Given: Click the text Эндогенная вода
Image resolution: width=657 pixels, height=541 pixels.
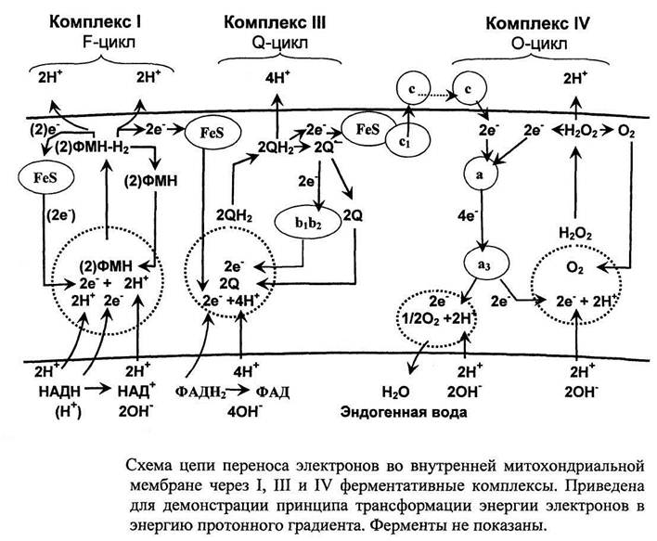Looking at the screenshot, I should [403, 408].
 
